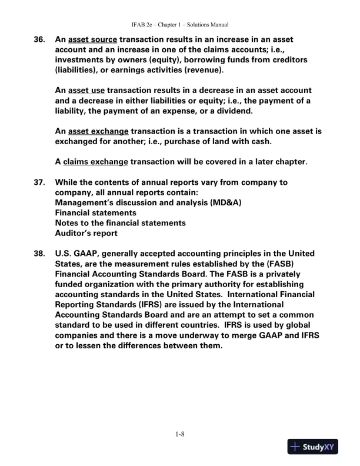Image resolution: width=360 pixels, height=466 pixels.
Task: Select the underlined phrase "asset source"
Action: (92, 40)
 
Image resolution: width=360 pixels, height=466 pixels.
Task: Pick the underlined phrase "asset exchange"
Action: (98, 131)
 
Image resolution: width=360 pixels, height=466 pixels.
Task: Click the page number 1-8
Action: (180, 435)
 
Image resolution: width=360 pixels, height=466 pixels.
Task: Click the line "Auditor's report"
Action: (86, 233)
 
